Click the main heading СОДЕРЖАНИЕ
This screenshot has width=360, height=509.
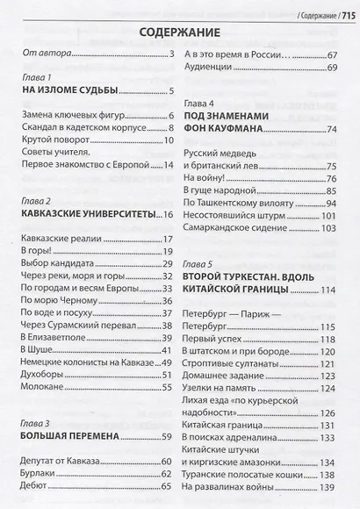[181, 32]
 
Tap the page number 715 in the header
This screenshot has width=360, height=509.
[342, 10]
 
